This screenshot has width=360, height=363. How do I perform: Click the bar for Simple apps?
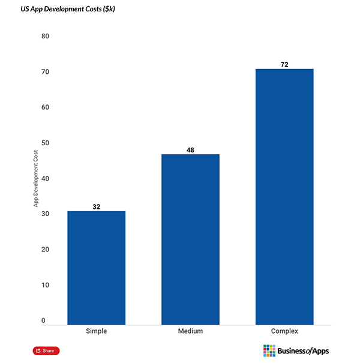(96, 268)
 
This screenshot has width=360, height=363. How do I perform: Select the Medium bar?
(190, 239)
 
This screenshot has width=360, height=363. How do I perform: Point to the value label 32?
(96, 206)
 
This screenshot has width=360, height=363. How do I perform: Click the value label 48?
(190, 150)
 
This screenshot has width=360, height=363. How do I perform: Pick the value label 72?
(284, 64)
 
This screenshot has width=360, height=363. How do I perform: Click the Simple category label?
(96, 331)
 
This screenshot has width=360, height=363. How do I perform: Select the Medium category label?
(190, 331)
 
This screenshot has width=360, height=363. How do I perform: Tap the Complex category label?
(284, 331)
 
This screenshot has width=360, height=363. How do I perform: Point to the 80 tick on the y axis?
(45, 37)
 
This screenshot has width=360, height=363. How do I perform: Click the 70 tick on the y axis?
(45, 72)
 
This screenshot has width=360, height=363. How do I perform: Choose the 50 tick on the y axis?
(45, 143)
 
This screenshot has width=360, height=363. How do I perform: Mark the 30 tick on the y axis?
(45, 214)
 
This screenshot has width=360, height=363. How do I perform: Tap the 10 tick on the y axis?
(45, 285)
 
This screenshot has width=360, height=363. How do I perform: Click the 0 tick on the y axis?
(43, 321)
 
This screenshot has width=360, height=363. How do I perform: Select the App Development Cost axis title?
(36, 179)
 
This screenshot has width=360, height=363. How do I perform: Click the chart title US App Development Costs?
(59, 10)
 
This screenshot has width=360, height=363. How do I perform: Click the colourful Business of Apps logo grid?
(269, 350)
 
